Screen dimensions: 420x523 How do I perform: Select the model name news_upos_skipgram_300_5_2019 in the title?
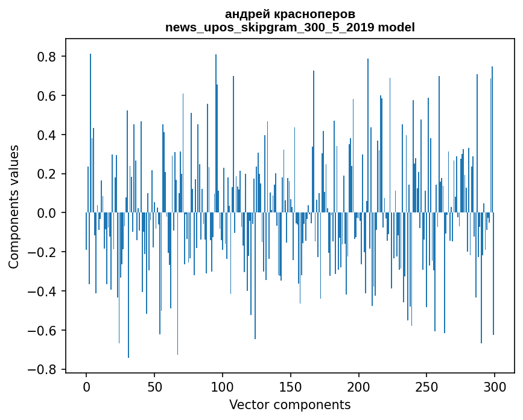point(270,28)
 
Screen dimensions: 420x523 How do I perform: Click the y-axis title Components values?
point(14,206)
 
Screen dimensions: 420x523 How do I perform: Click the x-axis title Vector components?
point(290,404)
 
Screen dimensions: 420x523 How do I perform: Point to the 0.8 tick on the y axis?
point(48,57)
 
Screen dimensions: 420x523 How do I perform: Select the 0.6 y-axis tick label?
point(48,96)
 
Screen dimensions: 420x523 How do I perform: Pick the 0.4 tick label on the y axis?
point(48,135)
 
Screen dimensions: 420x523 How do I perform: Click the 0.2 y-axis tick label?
point(48,174)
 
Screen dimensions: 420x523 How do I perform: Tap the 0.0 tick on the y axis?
point(48,213)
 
